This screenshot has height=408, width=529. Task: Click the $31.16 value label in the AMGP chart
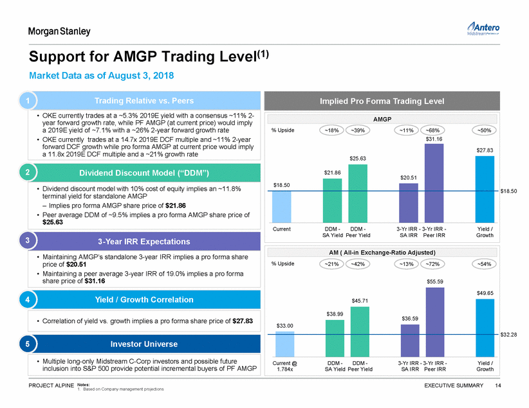click(x=434, y=138)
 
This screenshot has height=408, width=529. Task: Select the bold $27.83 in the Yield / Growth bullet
click(x=243, y=321)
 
